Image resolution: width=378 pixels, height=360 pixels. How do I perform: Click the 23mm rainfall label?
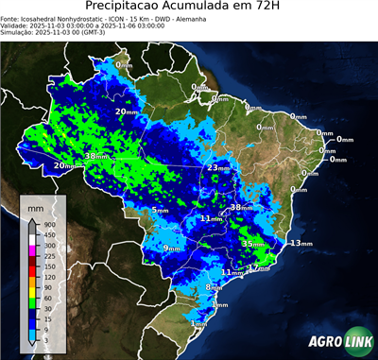tap(218, 168)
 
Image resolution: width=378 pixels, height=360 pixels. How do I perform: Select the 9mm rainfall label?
tap(171, 248)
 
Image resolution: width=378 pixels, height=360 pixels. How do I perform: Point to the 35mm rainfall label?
tap(252, 244)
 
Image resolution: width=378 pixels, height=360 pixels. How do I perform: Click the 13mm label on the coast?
tap(300, 243)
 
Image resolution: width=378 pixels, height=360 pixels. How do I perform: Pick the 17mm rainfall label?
tap(256, 268)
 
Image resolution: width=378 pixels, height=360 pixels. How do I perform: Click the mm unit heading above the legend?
tap(36, 205)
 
